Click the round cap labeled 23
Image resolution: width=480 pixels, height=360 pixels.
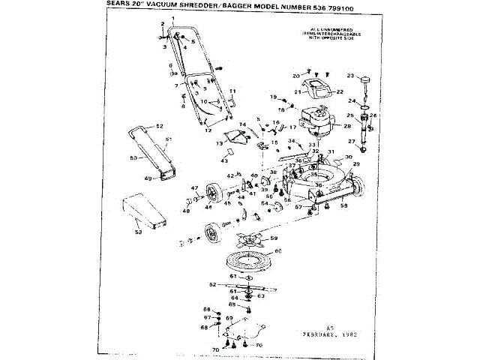[x=366, y=81]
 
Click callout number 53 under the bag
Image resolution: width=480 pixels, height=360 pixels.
[x=137, y=232]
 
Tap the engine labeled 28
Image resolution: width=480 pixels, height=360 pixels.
[x=315, y=124]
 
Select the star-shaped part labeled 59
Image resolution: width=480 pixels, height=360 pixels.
[x=249, y=242]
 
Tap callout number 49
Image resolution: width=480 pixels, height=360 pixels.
[x=148, y=178]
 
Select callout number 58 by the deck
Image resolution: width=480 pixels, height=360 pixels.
[x=344, y=204]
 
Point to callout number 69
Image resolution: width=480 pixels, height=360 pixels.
[x=230, y=319]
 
